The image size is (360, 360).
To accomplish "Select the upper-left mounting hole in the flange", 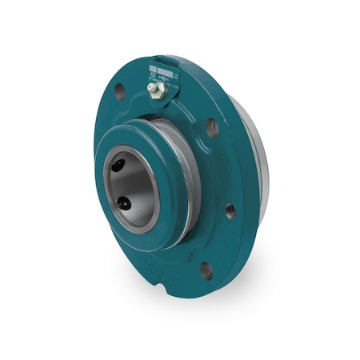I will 119,90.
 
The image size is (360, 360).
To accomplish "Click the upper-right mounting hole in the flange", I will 211,126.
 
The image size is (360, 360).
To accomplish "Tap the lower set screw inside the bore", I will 124,205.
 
